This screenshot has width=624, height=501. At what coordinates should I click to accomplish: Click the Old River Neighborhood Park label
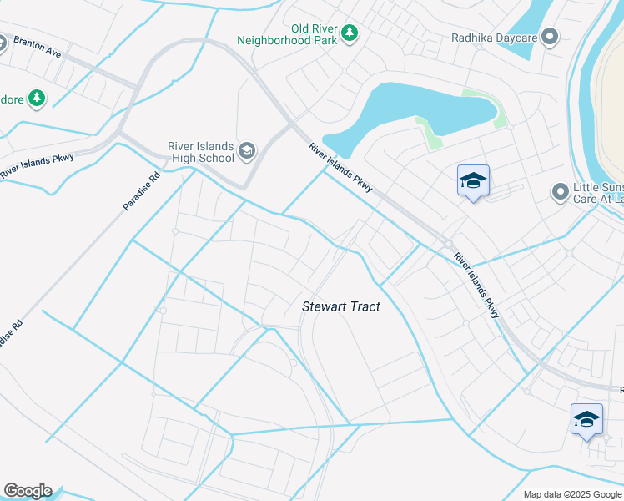[286, 33]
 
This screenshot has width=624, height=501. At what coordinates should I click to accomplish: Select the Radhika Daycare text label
[493, 37]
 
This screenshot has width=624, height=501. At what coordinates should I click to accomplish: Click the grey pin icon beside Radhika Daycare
[549, 37]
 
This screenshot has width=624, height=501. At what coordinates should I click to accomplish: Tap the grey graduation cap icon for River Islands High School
[247, 150]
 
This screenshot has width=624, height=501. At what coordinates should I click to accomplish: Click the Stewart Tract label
[340, 307]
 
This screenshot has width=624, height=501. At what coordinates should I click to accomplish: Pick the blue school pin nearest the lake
[473, 181]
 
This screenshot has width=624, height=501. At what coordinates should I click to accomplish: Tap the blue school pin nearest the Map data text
[586, 419]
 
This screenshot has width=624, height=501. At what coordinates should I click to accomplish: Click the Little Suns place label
[598, 194]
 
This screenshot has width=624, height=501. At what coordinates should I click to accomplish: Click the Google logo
[28, 491]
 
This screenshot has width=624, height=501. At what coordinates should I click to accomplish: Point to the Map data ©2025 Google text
[572, 494]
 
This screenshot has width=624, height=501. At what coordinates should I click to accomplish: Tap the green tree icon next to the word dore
[36, 99]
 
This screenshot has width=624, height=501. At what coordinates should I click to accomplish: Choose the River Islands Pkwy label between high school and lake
[340, 167]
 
